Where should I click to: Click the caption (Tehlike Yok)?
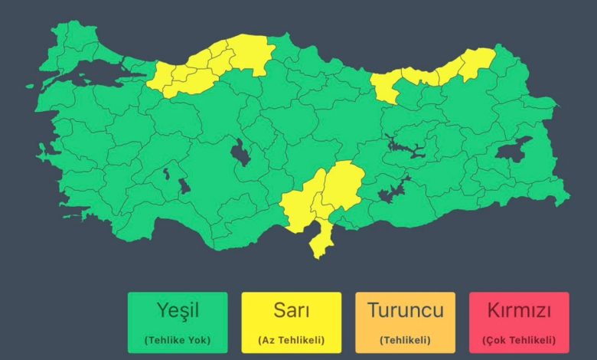[x=178, y=339]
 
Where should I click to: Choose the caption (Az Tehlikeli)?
[x=291, y=339]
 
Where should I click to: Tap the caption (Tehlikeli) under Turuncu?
[x=405, y=339]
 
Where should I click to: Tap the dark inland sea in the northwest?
[x=96, y=73]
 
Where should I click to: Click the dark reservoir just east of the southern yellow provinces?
[x=393, y=192]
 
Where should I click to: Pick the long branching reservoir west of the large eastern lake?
[x=409, y=146]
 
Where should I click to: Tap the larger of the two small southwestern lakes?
[x=184, y=186]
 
